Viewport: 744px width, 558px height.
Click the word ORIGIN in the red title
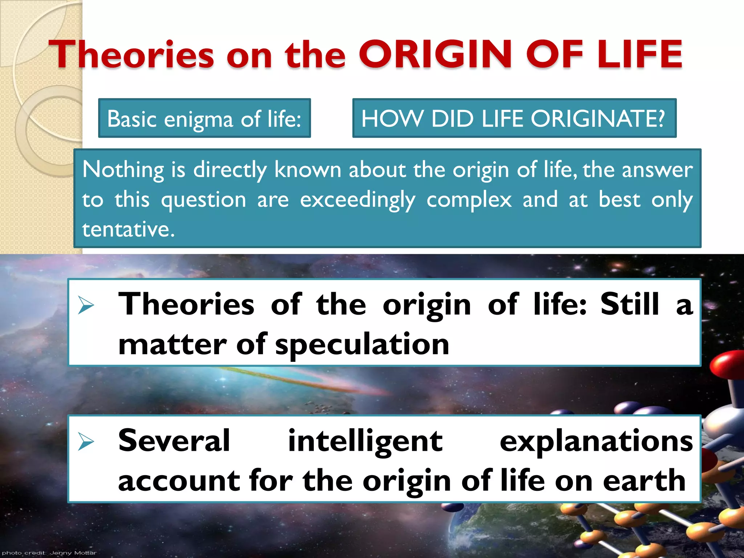[435, 54]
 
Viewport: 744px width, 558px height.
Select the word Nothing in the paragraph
[123, 170]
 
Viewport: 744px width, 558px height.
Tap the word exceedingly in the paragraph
[357, 200]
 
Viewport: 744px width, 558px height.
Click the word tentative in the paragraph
[128, 230]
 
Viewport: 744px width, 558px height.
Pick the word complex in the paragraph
[469, 200]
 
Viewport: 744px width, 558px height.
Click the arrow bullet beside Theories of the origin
[86, 305]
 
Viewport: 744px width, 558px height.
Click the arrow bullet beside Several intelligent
[86, 442]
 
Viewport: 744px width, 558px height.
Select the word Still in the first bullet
[630, 304]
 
